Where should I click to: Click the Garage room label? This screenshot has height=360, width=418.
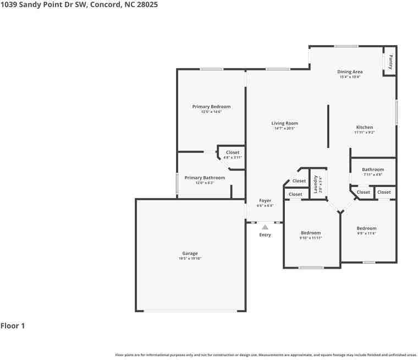pyautogui.click(x=190, y=253)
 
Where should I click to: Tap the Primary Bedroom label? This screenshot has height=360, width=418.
pyautogui.click(x=211, y=106)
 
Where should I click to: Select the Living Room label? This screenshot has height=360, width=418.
pyautogui.click(x=284, y=123)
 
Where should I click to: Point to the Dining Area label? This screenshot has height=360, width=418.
pyautogui.click(x=350, y=72)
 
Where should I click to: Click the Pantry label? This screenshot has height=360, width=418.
pyautogui.click(x=391, y=61)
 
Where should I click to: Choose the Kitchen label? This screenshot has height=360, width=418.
pyautogui.click(x=364, y=127)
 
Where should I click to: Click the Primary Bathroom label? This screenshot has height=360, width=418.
pyautogui.click(x=205, y=178)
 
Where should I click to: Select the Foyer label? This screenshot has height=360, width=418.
pyautogui.click(x=265, y=201)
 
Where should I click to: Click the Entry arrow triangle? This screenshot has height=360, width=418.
pyautogui.click(x=265, y=226)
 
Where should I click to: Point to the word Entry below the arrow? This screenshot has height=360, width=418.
pyautogui.click(x=265, y=235)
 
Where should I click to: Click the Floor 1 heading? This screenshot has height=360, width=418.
pyautogui.click(x=13, y=326)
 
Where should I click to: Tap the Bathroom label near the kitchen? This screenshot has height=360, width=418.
pyautogui.click(x=373, y=170)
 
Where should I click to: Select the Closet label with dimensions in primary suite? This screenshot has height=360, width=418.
pyautogui.click(x=233, y=152)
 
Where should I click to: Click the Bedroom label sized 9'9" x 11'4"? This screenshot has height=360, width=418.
pyautogui.click(x=366, y=228)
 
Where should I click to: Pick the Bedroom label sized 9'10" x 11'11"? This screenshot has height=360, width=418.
pyautogui.click(x=311, y=233)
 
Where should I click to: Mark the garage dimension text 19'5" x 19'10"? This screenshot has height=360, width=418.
pyautogui.click(x=190, y=258)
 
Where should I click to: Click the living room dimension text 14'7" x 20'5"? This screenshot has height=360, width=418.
pyautogui.click(x=285, y=128)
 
